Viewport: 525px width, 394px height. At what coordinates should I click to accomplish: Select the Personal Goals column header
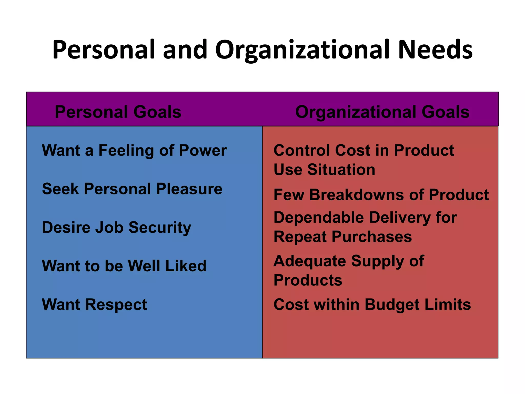[x=118, y=112]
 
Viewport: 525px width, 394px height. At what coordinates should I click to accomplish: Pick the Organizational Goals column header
[x=382, y=112]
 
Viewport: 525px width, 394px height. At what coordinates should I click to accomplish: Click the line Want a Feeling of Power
[x=134, y=150]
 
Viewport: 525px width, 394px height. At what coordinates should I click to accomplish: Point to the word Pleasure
[x=189, y=189]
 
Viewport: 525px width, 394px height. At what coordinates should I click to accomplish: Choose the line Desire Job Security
[x=117, y=228]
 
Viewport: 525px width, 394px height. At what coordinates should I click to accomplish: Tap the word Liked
[x=186, y=266]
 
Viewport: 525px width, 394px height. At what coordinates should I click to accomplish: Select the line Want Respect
[x=95, y=305]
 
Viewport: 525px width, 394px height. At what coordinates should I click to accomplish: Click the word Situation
[x=341, y=170]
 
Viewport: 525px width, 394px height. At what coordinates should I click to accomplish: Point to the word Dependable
[x=319, y=218]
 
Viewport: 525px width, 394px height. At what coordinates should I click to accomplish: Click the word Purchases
[x=372, y=237]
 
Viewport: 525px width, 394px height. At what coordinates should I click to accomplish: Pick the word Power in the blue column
[x=203, y=150]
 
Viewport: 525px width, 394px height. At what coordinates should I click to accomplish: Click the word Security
[x=160, y=228]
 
